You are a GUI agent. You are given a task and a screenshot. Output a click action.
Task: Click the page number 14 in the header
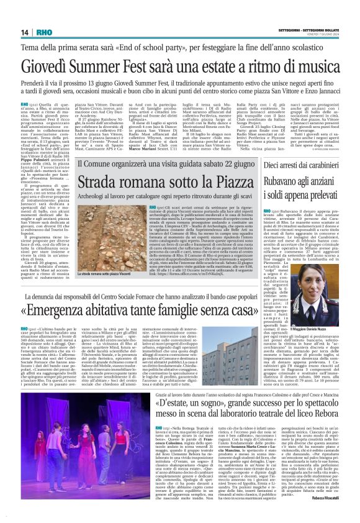pos(24,32)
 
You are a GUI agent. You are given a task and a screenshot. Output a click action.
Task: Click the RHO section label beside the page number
pos(44,32)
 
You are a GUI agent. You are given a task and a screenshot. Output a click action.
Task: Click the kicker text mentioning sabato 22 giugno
pos(179,166)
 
